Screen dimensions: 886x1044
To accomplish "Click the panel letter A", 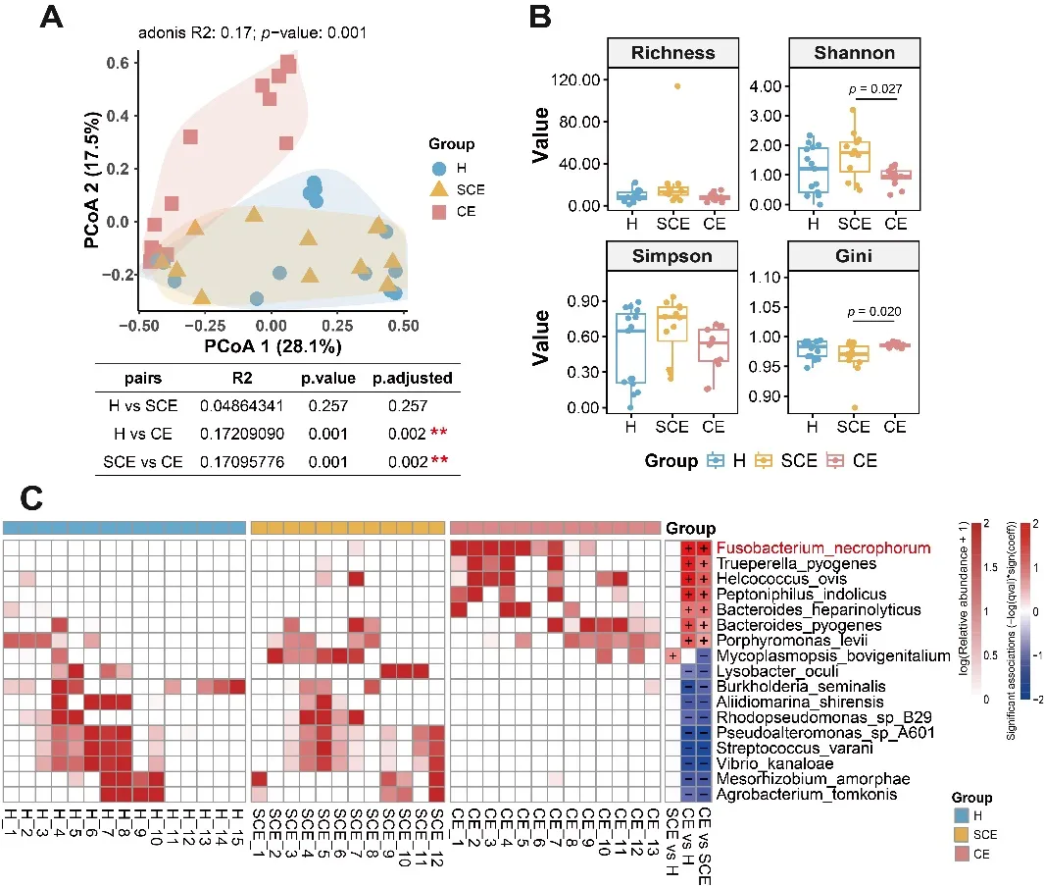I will pos(53,18).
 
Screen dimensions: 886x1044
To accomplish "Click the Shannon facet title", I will pos(852,53).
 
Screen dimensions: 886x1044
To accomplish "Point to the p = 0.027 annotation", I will pos(874,89).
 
